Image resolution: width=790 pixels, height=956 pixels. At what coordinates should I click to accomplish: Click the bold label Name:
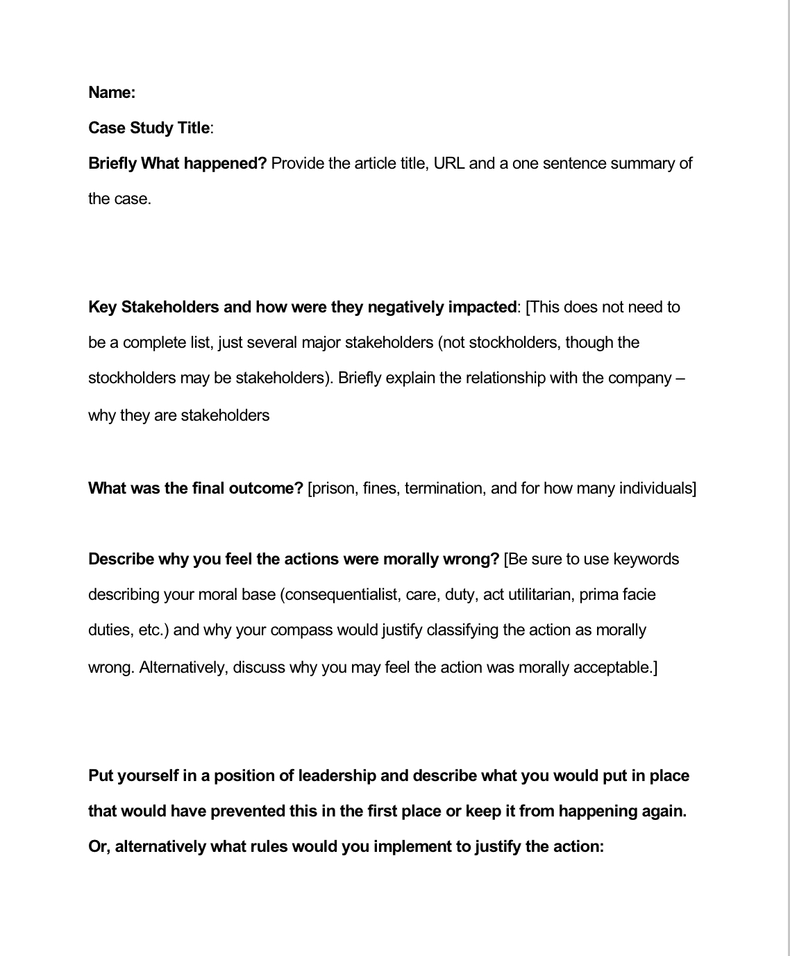[x=112, y=92]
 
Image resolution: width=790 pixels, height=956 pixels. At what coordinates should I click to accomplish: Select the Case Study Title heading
[x=149, y=128]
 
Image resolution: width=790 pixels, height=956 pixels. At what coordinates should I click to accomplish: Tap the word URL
[x=448, y=163]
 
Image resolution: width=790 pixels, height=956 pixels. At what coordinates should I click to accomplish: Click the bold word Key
[x=102, y=307]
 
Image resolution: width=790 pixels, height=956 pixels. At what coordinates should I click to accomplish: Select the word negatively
[x=405, y=307]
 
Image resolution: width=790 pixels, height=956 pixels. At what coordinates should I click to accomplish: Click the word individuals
[x=656, y=488]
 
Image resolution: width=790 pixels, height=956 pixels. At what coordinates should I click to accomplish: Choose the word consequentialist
[x=339, y=594]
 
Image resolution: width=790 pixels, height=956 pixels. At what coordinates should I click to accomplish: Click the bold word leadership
[x=336, y=775]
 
